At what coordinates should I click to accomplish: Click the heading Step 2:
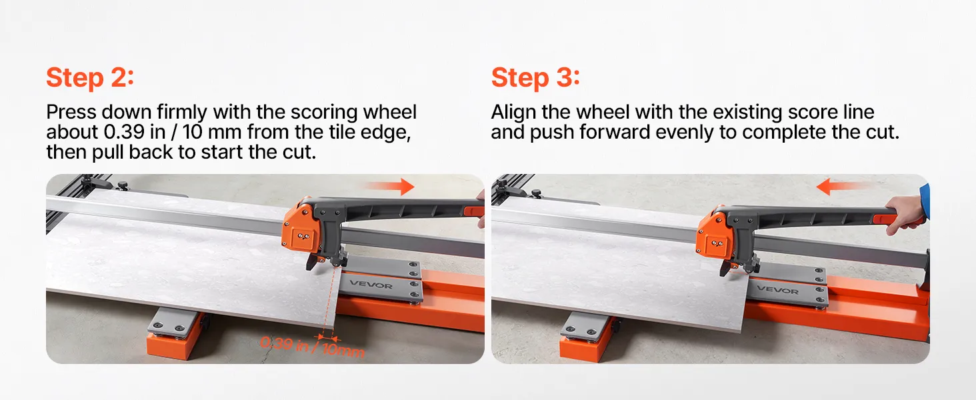pos(90,77)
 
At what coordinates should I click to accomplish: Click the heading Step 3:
pos(535,77)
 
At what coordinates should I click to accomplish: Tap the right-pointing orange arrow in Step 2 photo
pos(390,186)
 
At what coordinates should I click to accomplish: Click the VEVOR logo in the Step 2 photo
pos(371,285)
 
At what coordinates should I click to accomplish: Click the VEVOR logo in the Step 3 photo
pos(777,289)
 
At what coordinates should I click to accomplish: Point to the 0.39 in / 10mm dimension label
pos(313,347)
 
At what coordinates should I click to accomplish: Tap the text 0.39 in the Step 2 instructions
pos(124,132)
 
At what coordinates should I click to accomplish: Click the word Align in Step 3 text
pos(513,113)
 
